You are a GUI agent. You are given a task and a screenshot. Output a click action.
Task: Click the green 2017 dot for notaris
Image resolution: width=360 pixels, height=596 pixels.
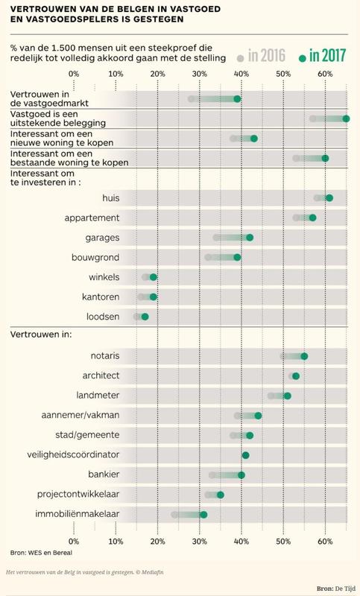[304, 356]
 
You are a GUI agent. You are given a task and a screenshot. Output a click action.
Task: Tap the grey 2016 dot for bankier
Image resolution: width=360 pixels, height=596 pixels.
[212, 475]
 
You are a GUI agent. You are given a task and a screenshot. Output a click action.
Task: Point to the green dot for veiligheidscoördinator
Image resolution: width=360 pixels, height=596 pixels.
[245, 455]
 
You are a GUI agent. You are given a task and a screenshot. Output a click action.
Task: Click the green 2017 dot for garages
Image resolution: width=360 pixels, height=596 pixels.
[250, 238]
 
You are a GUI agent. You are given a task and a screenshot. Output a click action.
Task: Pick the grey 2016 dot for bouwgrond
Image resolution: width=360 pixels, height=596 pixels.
[208, 257]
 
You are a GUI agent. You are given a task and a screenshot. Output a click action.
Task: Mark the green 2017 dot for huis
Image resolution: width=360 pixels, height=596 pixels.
[329, 198]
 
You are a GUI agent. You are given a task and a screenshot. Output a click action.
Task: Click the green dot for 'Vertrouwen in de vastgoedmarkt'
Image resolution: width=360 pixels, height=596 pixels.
[237, 99]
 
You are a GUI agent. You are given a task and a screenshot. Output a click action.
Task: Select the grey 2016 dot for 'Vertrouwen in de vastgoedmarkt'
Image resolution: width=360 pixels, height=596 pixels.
[192, 99]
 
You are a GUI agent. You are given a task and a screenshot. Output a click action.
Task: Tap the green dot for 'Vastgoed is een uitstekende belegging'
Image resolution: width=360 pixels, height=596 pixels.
[346, 119]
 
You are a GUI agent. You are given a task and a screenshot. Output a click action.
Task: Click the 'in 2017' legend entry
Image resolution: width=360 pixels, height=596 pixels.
[323, 57]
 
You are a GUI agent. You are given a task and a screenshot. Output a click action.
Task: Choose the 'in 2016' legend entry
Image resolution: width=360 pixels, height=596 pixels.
[261, 57]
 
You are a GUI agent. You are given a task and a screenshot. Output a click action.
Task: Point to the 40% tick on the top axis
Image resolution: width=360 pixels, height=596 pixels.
[241, 74]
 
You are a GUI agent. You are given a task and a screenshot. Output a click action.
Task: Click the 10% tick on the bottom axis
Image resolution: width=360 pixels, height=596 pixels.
[116, 542]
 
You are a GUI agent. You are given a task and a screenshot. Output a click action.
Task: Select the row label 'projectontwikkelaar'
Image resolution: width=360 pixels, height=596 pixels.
[78, 495]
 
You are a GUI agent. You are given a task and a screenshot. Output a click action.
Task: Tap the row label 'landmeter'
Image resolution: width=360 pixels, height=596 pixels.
[98, 396]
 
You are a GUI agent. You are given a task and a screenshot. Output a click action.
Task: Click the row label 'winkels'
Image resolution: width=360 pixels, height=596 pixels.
[104, 277]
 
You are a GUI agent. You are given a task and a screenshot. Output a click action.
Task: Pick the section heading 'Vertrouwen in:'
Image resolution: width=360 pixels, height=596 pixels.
[41, 335]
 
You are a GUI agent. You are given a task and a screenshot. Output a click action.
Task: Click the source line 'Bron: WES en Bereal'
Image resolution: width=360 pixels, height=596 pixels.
[41, 553]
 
